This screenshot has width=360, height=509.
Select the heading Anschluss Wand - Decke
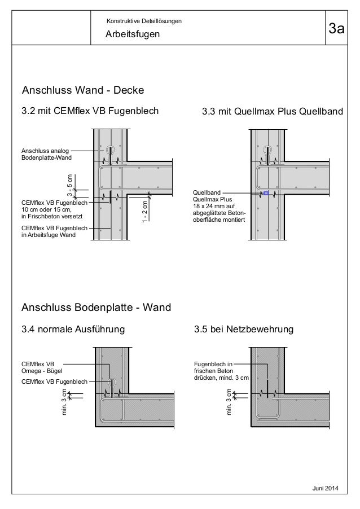83,90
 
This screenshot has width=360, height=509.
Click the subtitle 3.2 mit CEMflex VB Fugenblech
90,112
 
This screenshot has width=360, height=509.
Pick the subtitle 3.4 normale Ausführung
73,328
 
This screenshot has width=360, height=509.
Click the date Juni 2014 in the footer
333,488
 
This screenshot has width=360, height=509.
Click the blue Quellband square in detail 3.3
266,194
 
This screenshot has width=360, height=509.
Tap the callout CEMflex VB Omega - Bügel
42,367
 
